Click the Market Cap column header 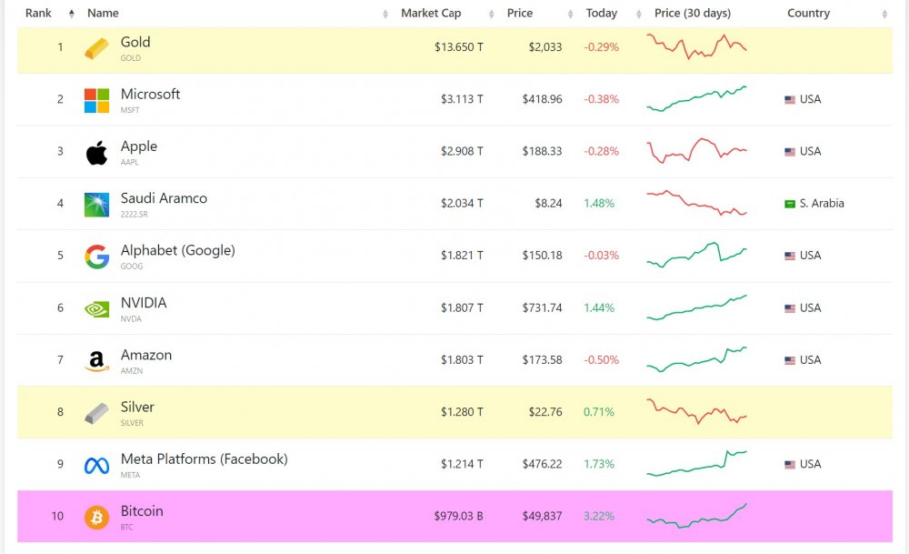pos(431,14)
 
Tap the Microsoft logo pos(96,100)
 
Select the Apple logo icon pos(96,152)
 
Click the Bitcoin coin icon pos(96,517)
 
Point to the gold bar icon pos(96,48)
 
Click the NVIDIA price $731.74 pos(542,308)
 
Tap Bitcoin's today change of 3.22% pos(599,517)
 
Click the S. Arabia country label pos(822,204)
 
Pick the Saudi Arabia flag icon pos(790,204)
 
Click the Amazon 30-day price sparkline pos(696,359)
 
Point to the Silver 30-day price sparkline pos(696,411)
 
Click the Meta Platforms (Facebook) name pos(204,459)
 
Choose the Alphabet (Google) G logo pos(96,257)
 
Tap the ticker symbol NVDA pos(131,319)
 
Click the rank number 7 pos(61,360)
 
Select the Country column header pos(808,14)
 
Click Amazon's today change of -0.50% pos(601,360)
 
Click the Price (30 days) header pos(692,14)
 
